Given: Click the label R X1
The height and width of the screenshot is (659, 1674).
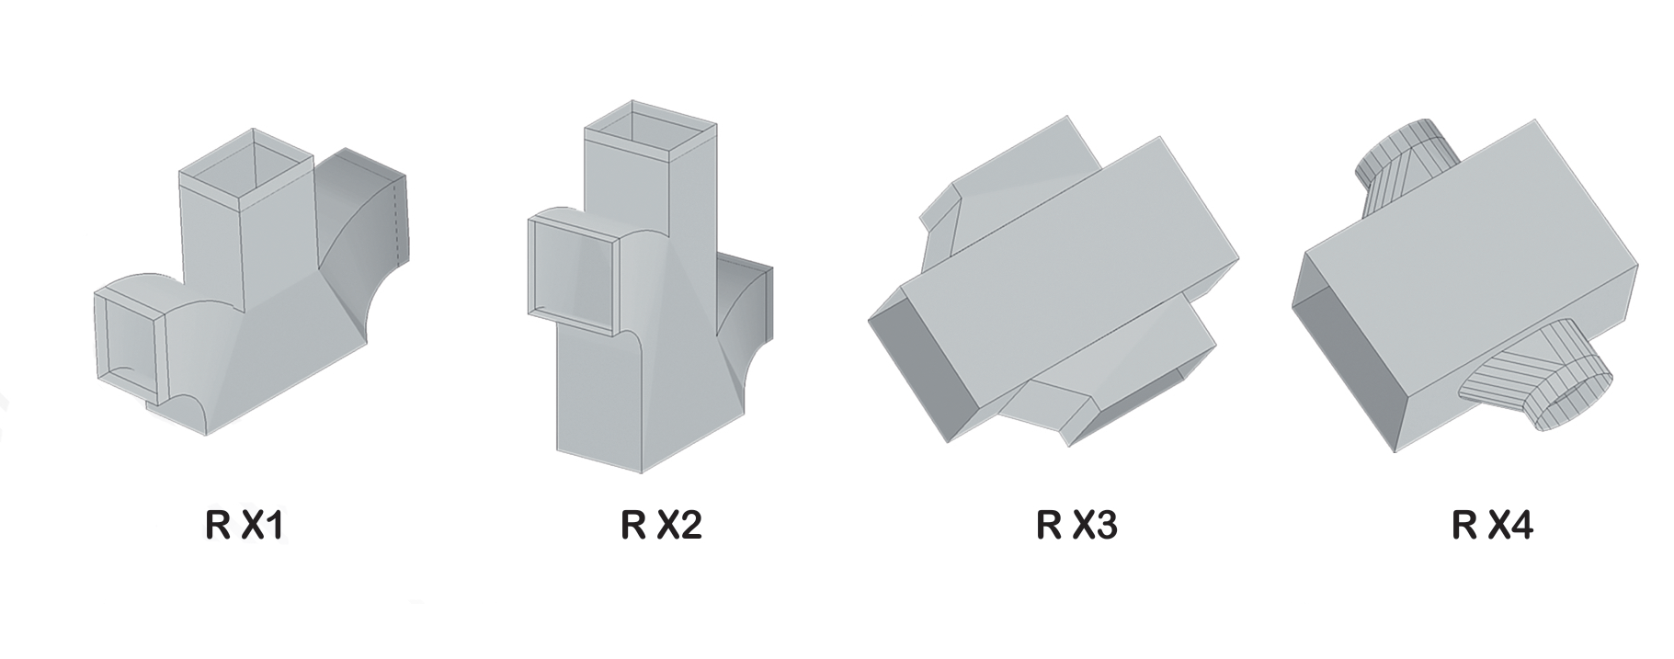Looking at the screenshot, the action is point(245,526).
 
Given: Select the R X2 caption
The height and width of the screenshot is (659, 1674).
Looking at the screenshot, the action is point(661,526).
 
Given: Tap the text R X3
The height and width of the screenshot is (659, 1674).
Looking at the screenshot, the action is point(1076,526).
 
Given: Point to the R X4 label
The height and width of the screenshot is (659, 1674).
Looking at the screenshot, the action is point(1492,526).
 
